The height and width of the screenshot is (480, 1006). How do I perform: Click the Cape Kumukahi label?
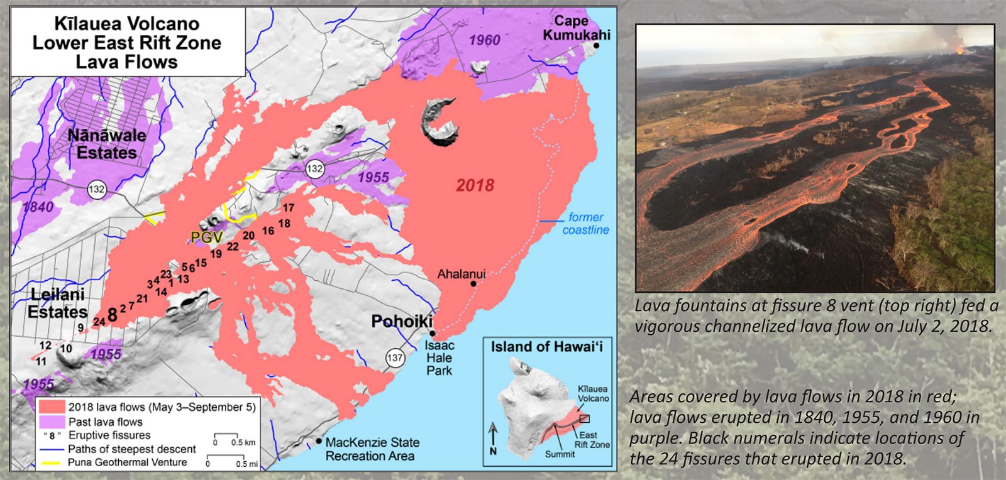point(575,28)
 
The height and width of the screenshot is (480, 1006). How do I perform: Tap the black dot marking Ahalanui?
point(473,284)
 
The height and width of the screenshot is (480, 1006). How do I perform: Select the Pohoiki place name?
point(402,322)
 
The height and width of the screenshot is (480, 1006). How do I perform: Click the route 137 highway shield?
point(395,358)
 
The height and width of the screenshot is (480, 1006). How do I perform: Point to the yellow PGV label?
point(207,237)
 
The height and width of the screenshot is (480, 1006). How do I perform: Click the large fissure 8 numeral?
point(112,315)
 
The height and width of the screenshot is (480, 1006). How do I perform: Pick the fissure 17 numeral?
point(288,208)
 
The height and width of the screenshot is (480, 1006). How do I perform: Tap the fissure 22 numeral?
point(233,247)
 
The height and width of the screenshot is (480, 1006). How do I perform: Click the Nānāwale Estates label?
point(107,144)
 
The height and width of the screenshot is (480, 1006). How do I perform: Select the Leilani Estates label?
point(58,303)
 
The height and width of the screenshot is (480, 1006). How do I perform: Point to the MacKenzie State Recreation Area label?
point(372,449)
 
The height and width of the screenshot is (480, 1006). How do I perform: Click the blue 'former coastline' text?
point(585,224)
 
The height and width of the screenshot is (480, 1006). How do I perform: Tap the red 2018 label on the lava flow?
point(475,185)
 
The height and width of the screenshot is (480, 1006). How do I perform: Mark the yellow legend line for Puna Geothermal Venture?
point(51,462)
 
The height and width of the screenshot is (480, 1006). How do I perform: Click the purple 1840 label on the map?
point(38,207)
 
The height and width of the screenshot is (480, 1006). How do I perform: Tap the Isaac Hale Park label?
point(439,358)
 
